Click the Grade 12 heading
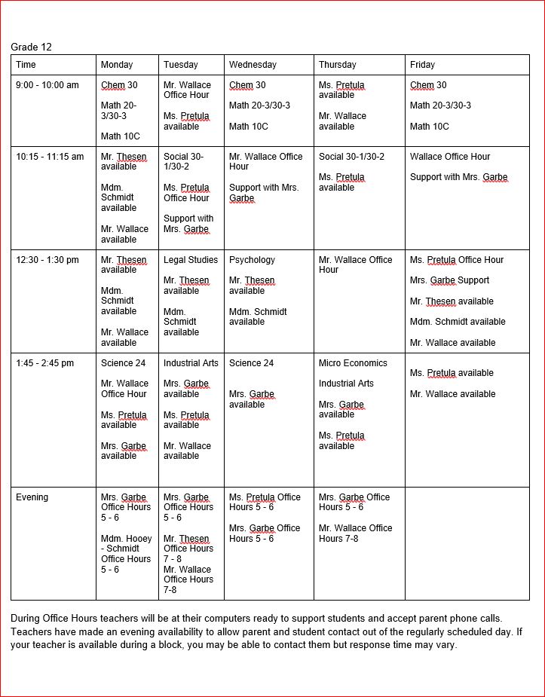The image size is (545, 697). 31,47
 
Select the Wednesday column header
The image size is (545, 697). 253,65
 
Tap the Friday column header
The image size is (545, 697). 422,65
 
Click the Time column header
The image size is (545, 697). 26,65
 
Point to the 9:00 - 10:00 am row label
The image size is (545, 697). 47,85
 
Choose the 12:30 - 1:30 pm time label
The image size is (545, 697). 47,260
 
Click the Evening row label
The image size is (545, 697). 32,497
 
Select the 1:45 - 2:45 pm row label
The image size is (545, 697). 45,363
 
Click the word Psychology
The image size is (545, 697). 252,260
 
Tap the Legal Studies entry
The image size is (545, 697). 191,260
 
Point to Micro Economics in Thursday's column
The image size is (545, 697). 353,363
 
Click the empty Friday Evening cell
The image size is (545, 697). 467,543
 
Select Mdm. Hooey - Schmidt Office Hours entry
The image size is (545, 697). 126,554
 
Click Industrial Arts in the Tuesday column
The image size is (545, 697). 191,363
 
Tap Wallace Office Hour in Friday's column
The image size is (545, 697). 450,157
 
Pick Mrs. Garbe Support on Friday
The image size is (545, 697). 449,280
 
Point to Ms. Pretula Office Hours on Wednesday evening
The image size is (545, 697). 265,502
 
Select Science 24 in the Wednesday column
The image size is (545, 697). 251,363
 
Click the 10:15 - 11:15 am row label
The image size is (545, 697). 50,157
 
